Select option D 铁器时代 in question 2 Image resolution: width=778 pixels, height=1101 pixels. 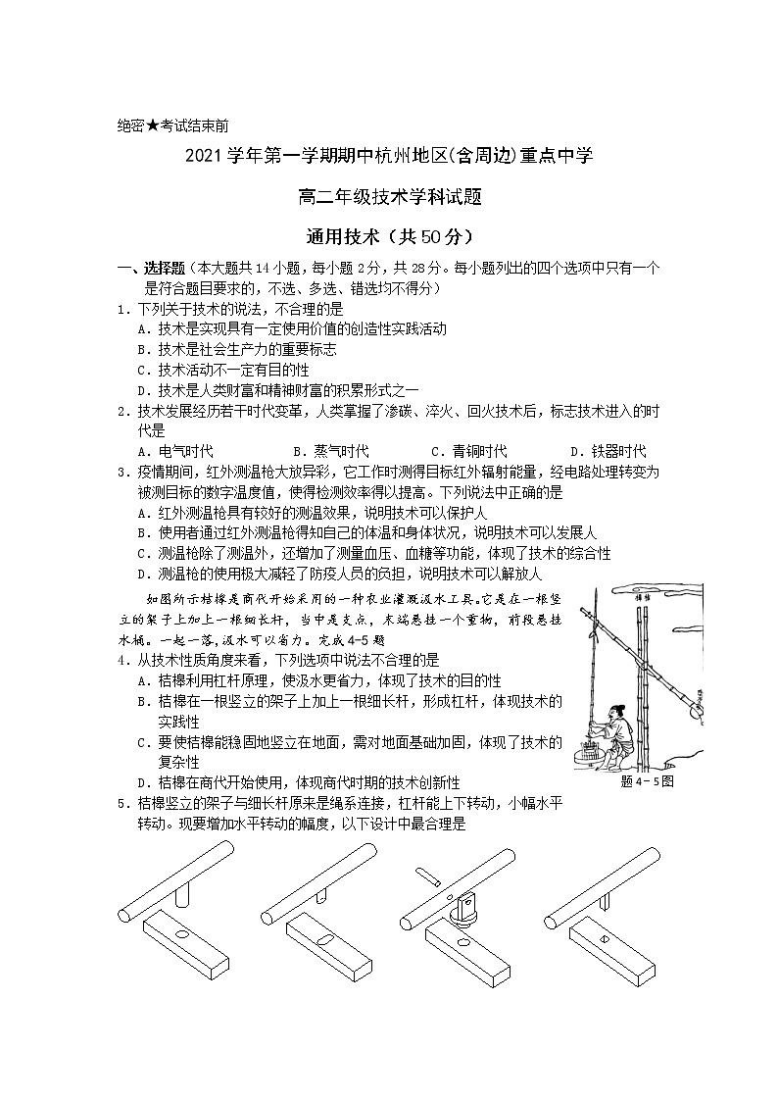coord(618,451)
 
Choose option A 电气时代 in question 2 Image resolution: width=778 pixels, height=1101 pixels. coord(176,451)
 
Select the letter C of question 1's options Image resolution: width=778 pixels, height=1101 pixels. coord(143,370)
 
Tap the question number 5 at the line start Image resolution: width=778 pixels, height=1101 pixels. coord(122,803)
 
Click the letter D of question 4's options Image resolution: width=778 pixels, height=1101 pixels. coord(143,782)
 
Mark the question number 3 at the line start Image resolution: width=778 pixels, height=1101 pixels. coord(122,472)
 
